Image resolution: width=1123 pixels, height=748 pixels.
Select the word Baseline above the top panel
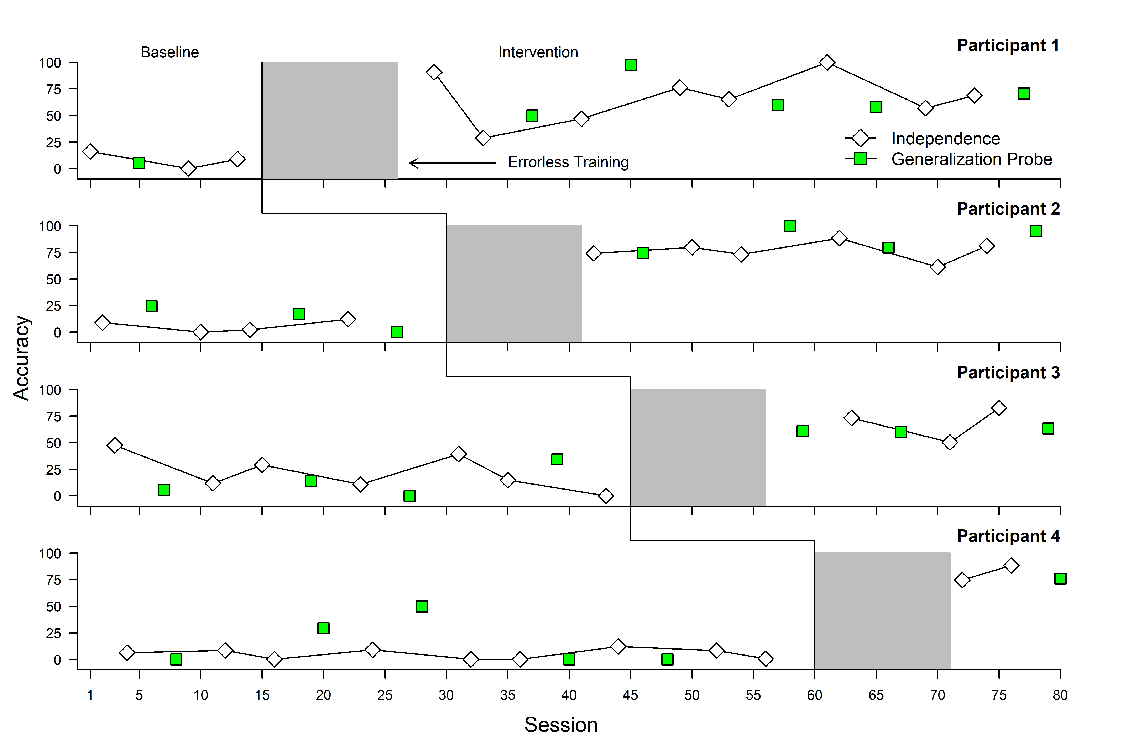(169, 52)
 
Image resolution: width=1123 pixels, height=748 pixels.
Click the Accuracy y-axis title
(21, 358)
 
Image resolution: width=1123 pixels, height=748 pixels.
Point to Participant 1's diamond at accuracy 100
(827, 63)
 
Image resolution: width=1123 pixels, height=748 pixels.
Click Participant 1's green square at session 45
(630, 65)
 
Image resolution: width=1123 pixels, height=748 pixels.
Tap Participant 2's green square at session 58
(790, 226)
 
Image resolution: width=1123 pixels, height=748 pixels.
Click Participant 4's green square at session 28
(422, 606)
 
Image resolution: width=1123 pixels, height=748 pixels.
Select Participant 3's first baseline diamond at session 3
(115, 445)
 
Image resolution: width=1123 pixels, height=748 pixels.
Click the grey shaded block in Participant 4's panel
(882, 611)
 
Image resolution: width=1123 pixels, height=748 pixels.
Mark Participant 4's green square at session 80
(1060, 579)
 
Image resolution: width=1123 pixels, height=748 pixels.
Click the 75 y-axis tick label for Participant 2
(53, 253)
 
